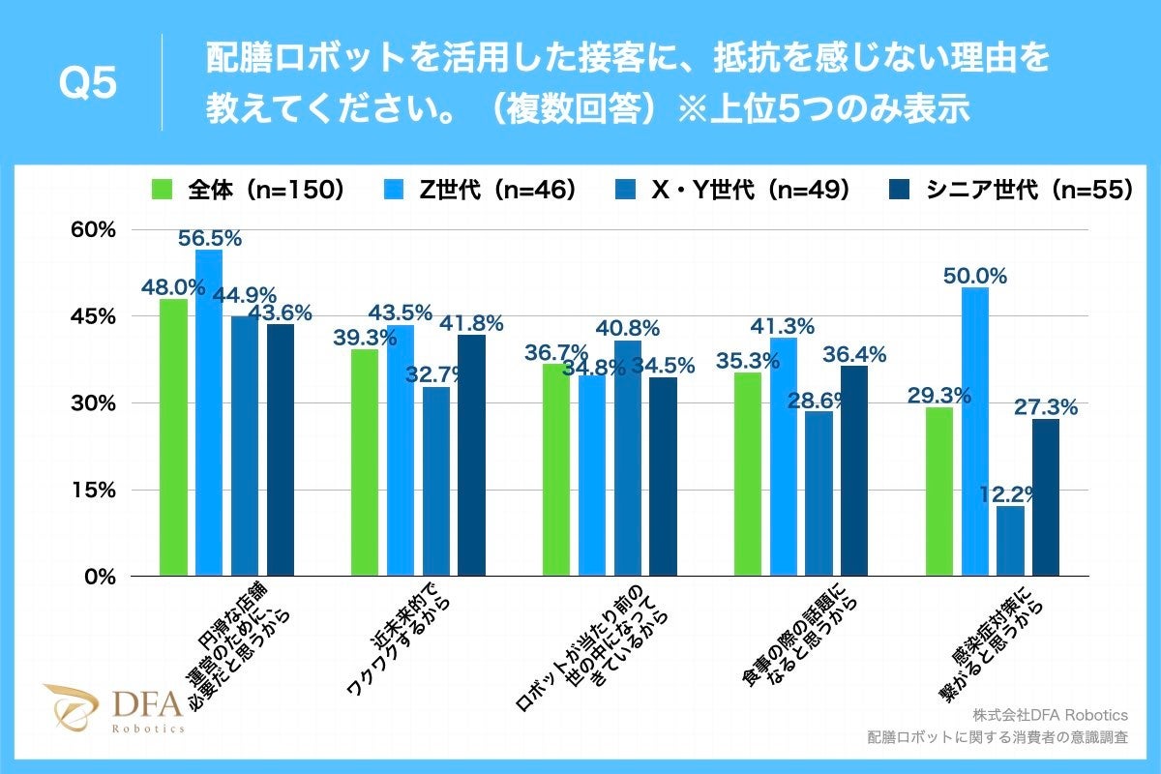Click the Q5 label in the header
pos(88,84)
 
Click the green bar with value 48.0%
pos(173,437)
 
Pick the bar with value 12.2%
pos(1010,541)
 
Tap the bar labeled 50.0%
pos(975,432)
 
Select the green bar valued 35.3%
pos(748,474)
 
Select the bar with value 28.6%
pos(819,493)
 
